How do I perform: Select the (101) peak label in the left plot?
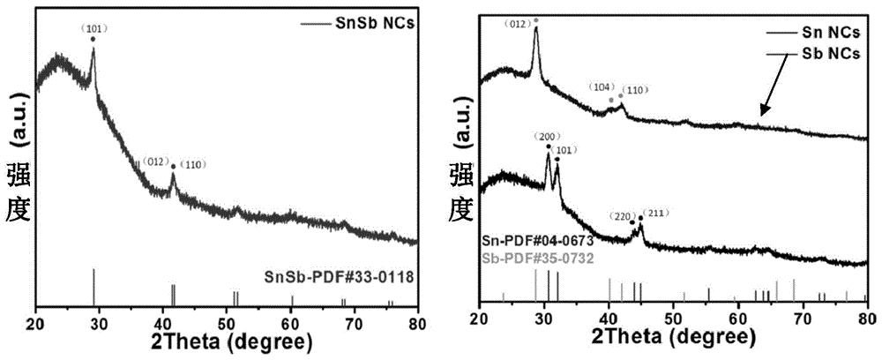pos(93,28)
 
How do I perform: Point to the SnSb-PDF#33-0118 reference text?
pos(340,276)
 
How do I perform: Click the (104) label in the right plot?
pos(601,87)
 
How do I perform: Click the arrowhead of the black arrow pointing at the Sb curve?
pos(765,110)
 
